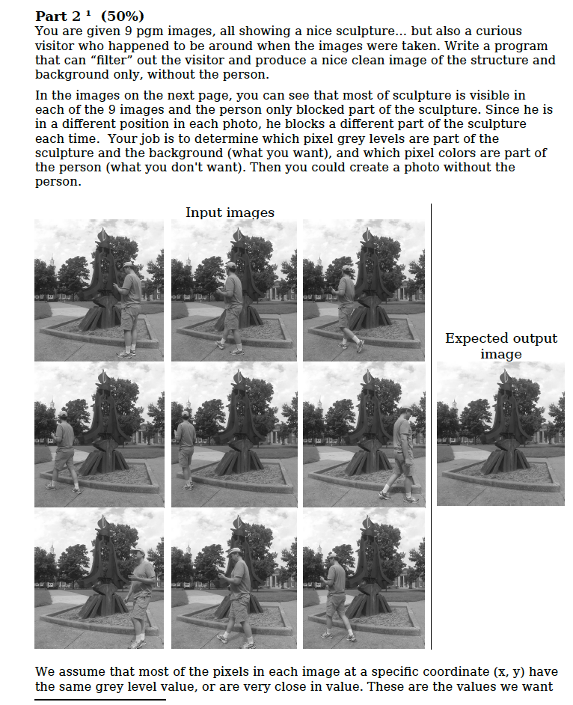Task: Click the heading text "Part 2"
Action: (x=57, y=16)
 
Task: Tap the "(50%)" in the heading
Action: (x=123, y=16)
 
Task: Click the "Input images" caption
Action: (x=230, y=213)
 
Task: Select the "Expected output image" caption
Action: (x=500, y=346)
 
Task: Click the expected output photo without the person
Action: (x=500, y=433)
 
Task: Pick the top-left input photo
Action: (x=99, y=290)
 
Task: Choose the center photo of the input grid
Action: (x=233, y=435)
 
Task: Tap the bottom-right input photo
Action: (x=364, y=579)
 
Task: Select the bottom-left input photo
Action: (x=99, y=579)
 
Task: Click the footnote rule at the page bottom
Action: (x=99, y=701)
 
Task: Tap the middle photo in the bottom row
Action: (x=233, y=579)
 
